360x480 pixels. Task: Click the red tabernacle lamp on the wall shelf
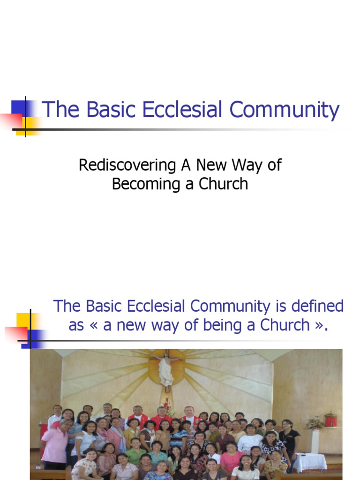pos(331,420)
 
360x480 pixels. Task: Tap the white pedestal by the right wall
pos(315,441)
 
